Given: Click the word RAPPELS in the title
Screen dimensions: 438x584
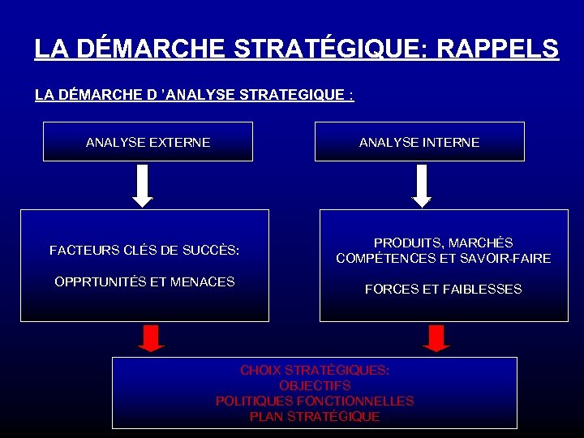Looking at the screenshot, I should [x=497, y=49].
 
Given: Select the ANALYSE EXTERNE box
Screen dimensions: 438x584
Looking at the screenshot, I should [x=148, y=142].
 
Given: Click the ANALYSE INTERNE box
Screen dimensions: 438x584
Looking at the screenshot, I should [x=419, y=142].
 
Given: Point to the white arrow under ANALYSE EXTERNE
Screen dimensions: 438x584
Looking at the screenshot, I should [x=142, y=186].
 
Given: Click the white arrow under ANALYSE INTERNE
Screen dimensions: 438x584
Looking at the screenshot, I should [x=422, y=186].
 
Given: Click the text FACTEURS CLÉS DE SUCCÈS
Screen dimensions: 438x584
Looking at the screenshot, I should [x=144, y=251].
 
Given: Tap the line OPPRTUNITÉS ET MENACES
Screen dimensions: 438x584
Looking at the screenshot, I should [x=144, y=282].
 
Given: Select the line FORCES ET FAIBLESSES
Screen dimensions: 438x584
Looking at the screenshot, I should [x=443, y=290].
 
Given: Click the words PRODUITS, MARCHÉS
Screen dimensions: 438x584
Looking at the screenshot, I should [x=443, y=243].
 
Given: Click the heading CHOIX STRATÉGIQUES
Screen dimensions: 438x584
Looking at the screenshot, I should [x=315, y=370].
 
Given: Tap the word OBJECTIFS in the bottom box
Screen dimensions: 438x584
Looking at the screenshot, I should [x=315, y=385].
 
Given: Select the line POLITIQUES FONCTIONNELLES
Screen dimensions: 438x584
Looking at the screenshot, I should [x=315, y=401].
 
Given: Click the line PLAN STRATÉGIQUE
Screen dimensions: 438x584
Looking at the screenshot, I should [x=315, y=417].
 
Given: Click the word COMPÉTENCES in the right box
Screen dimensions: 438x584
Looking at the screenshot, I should [x=376, y=259].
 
